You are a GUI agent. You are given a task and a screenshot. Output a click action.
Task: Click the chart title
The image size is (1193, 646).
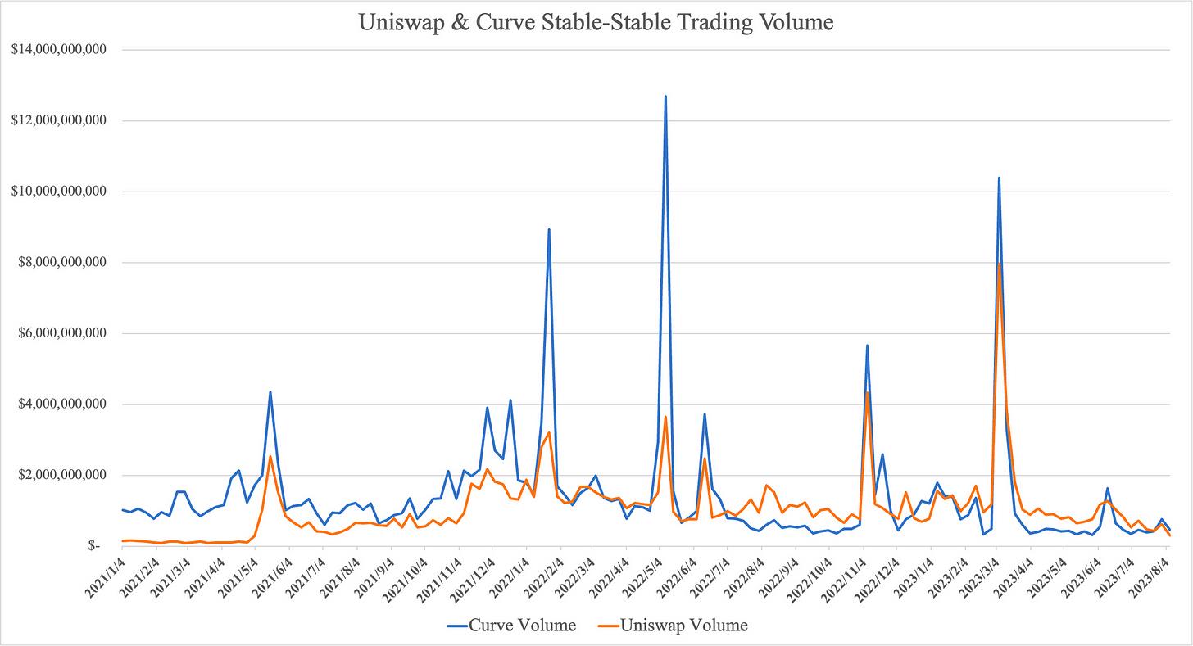click(x=596, y=23)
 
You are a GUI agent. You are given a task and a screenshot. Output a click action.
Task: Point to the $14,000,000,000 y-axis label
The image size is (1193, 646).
click(x=57, y=50)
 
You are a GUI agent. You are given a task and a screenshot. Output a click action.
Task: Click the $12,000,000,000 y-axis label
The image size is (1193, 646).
click(x=57, y=121)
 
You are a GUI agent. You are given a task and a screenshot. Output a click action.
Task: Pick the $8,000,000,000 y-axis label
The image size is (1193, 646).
click(x=61, y=263)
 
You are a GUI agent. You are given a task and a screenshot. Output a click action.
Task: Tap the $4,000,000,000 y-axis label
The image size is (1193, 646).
click(x=61, y=404)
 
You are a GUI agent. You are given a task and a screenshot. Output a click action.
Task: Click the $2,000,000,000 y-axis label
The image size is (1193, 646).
click(x=61, y=476)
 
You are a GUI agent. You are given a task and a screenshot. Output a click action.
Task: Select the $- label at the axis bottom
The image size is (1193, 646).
click(x=95, y=546)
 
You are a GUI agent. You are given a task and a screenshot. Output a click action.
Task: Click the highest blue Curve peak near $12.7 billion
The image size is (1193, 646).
click(x=665, y=97)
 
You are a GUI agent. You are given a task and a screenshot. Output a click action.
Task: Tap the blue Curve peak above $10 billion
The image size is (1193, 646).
click(x=999, y=178)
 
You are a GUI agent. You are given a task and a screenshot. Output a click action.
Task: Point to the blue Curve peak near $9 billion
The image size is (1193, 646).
click(x=549, y=230)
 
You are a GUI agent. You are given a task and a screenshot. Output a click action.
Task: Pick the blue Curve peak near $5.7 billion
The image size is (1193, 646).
click(x=867, y=346)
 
